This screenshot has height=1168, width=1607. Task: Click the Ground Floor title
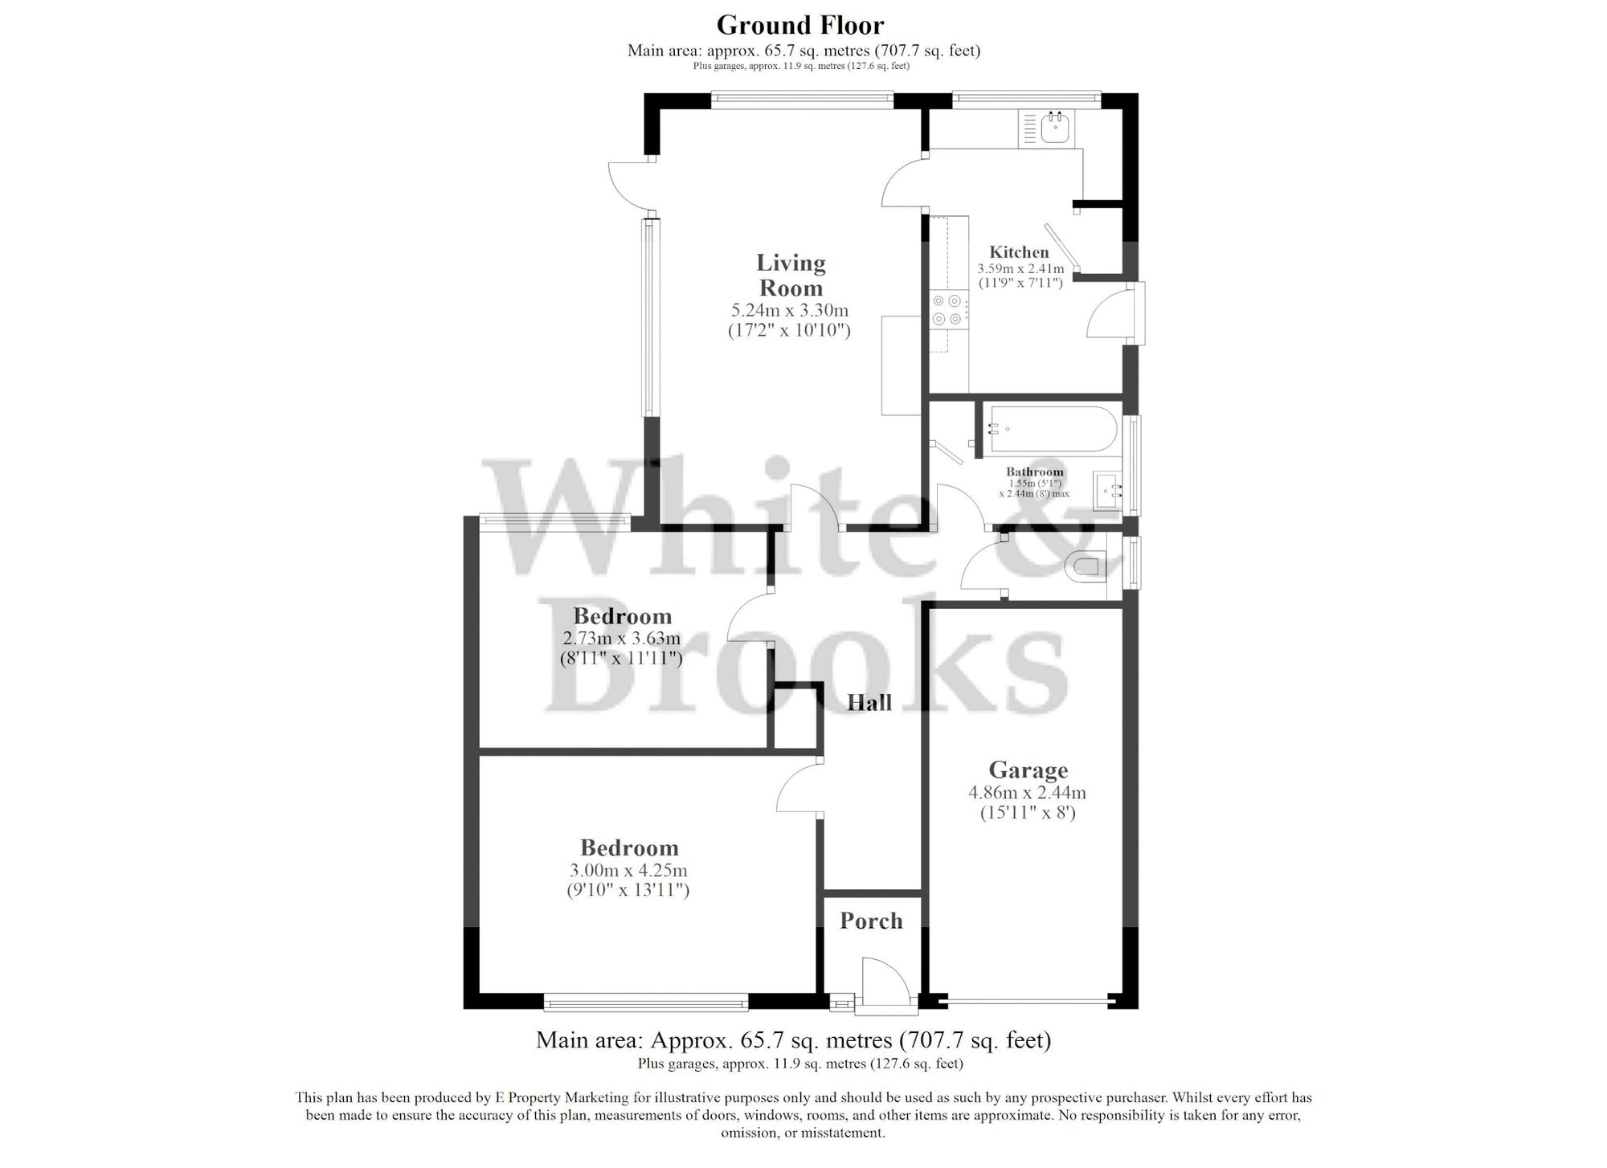pos(799,25)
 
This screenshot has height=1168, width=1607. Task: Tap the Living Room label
pos(791,275)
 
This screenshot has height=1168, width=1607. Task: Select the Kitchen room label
pos(1019,251)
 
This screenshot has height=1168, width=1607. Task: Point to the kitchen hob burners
pos(947,310)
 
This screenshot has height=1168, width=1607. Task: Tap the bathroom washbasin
pos(1110,488)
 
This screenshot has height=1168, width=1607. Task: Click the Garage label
pos(1028,770)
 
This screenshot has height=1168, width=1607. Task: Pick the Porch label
pos(871,921)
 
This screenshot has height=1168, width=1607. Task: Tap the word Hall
pos(869,703)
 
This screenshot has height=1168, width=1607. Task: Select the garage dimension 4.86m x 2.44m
pos(1027,793)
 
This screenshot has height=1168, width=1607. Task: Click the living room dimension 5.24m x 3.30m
pos(789,310)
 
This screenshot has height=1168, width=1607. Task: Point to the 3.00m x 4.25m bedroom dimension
pos(629,871)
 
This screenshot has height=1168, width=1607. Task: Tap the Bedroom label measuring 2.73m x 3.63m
pos(622,616)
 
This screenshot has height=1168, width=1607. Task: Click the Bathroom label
pos(1034,472)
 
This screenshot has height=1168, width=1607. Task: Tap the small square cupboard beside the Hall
pos(795,717)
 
